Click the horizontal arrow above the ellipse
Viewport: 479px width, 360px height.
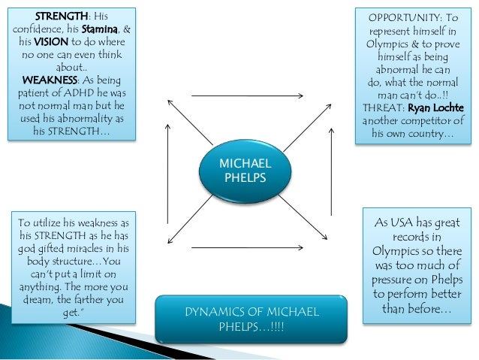[x=248, y=96]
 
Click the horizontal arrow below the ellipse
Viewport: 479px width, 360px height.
[x=248, y=247]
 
